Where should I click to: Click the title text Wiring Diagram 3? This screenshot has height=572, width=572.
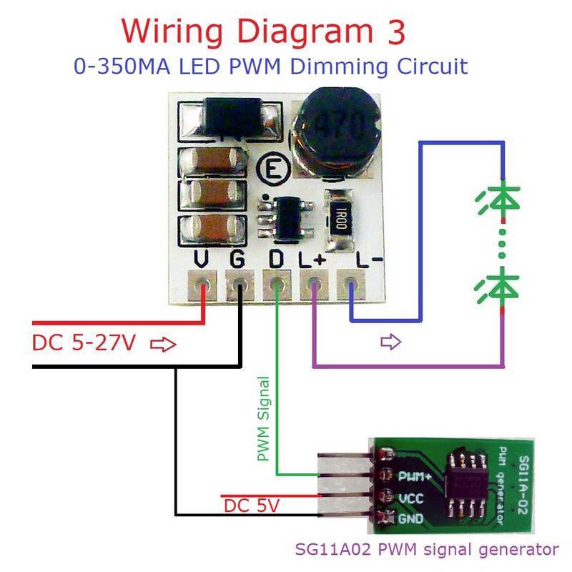tap(264, 32)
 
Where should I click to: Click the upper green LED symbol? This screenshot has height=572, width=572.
tap(503, 201)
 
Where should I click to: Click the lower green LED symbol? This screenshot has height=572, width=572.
tap(503, 288)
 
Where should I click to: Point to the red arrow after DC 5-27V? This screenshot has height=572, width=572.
tap(163, 345)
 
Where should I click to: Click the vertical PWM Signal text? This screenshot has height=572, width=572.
tap(263, 418)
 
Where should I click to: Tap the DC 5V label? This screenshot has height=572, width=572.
tap(252, 506)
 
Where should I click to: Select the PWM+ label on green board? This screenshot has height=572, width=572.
tap(415, 475)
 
